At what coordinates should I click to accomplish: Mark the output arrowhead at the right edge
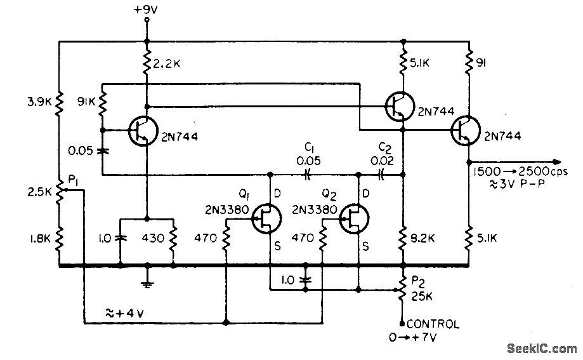(556, 161)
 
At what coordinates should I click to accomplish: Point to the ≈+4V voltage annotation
(124, 313)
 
